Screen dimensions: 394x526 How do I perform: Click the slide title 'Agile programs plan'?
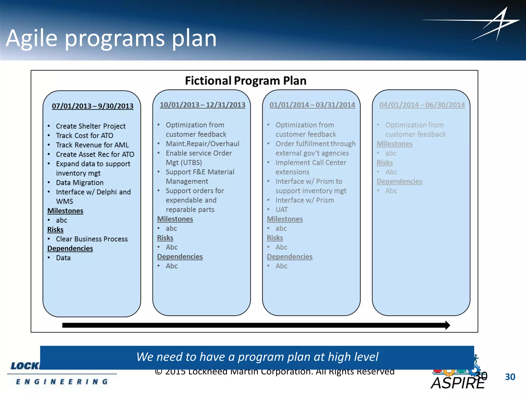pyautogui.click(x=111, y=38)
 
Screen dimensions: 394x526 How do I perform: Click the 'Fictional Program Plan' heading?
pyautogui.click(x=246, y=81)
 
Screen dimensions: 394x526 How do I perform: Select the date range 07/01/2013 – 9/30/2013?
pyautogui.click(x=92, y=106)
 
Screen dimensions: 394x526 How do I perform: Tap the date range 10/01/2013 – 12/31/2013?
pyautogui.click(x=202, y=105)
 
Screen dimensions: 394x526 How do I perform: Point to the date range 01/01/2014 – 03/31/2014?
pyautogui.click(x=312, y=105)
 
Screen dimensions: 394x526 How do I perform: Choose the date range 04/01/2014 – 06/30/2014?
pyautogui.click(x=422, y=105)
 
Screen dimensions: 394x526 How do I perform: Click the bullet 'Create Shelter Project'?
pyautogui.click(x=91, y=126)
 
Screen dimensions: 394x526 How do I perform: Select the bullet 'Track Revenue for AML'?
pyautogui.click(x=92, y=145)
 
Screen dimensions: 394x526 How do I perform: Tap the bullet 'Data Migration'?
pyautogui.click(x=80, y=183)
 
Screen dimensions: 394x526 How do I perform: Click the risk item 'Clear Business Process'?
pyautogui.click(x=92, y=239)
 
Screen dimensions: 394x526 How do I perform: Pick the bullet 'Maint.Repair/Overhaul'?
pyautogui.click(x=202, y=144)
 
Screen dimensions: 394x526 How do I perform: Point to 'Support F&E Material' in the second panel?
pyautogui.click(x=200, y=172)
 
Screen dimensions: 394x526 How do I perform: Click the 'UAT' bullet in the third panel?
pyautogui.click(x=281, y=210)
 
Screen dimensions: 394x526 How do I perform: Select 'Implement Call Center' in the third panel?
pyautogui.click(x=311, y=163)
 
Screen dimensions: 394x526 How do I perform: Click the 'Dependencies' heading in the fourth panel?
pyautogui.click(x=399, y=181)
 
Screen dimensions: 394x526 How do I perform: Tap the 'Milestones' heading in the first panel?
pyautogui.click(x=65, y=211)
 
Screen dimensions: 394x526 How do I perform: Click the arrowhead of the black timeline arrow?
pyautogui.click(x=447, y=325)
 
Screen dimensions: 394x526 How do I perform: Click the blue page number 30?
pyautogui.click(x=510, y=377)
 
